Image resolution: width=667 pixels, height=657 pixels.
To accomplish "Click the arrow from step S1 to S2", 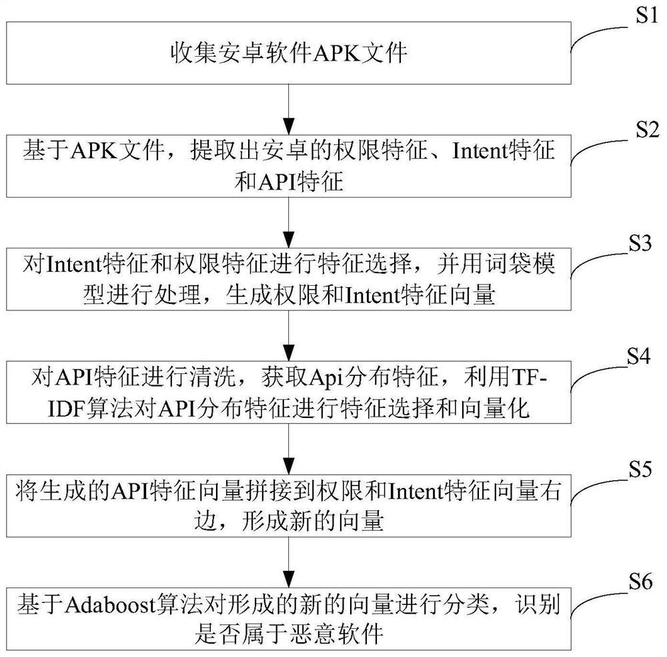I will click(288, 107).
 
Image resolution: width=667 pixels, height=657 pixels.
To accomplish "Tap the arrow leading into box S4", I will click(288, 337).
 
